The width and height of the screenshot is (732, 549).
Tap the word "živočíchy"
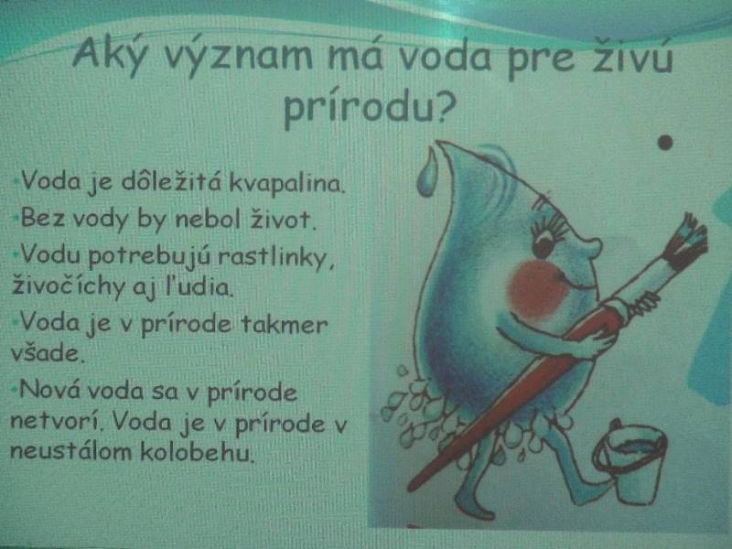coord(70,285)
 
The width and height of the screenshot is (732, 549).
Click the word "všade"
coord(47,353)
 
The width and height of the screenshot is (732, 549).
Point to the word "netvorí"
coord(55,422)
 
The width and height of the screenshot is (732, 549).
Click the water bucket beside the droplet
coord(630,461)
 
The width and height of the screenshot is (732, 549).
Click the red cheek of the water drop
coord(537,288)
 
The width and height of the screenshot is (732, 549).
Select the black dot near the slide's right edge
coord(665,142)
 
